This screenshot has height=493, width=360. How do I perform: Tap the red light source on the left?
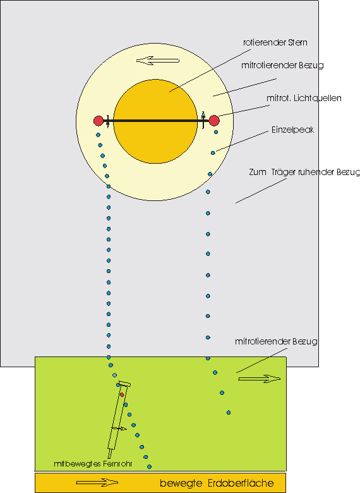coord(98,121)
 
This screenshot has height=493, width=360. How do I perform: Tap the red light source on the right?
coord(214,120)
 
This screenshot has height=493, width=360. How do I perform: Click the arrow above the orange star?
coord(158,61)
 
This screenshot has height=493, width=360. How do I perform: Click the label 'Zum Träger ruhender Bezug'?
coord(304,172)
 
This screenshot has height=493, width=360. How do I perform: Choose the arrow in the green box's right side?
coord(259,379)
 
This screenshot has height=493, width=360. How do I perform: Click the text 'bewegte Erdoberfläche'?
coord(217,484)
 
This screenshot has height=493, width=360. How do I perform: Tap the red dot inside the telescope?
coord(123,394)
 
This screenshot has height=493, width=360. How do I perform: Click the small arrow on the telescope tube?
coord(119,429)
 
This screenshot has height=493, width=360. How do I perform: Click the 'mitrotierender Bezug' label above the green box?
coord(275,341)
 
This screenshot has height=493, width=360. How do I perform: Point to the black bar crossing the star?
coord(155,121)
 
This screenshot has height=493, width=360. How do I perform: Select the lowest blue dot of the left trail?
coord(150,467)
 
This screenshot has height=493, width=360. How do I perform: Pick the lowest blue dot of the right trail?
coord(228,413)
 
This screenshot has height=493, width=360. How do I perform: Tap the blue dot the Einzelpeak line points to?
coord(213,151)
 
